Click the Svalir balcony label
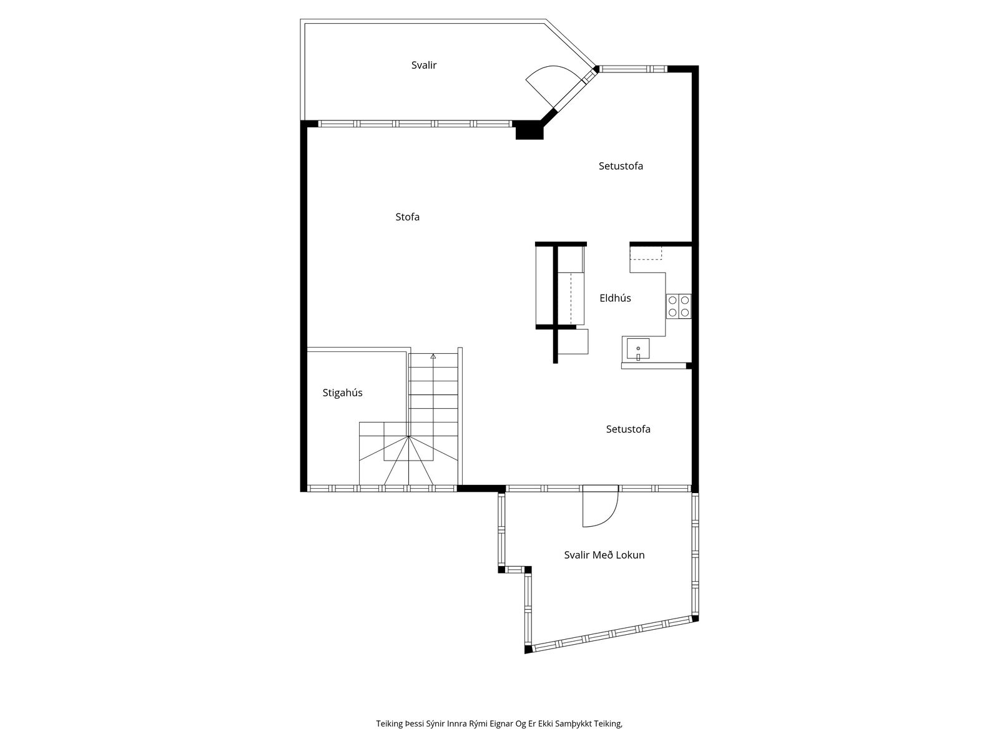(x=423, y=65)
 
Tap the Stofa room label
(x=407, y=217)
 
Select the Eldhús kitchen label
(x=615, y=298)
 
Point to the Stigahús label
(x=342, y=393)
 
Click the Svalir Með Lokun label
(x=604, y=555)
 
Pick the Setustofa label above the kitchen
(x=621, y=166)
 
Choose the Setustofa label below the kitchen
(x=627, y=429)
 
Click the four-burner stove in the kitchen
(x=679, y=306)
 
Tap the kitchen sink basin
(x=637, y=349)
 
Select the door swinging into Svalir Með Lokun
(x=600, y=506)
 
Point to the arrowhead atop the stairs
(x=433, y=356)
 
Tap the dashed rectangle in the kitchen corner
(x=646, y=253)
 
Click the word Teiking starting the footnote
(x=390, y=723)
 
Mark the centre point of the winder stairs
(x=409, y=436)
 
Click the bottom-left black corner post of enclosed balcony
(x=528, y=649)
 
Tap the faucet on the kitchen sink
(x=638, y=356)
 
